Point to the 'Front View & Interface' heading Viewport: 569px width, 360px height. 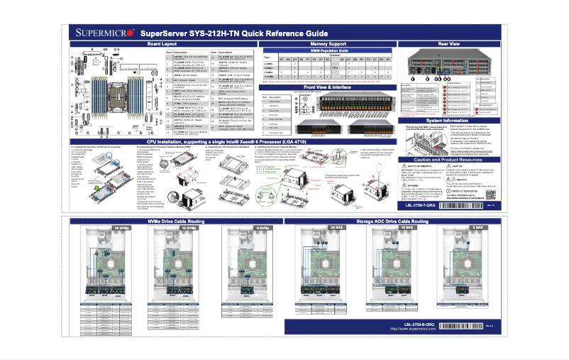pyautogui.click(x=327, y=86)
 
